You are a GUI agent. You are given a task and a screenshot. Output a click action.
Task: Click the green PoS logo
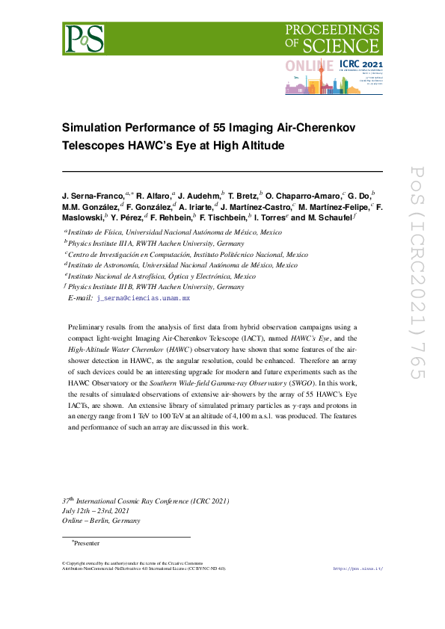[x=83, y=37]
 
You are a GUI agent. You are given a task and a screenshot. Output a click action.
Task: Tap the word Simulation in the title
[x=96, y=128]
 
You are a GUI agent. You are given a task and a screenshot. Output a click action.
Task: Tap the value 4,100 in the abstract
[x=238, y=417]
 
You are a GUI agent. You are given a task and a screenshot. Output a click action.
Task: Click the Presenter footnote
[x=87, y=543]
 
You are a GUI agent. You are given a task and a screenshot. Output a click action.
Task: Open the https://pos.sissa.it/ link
[x=357, y=568]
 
